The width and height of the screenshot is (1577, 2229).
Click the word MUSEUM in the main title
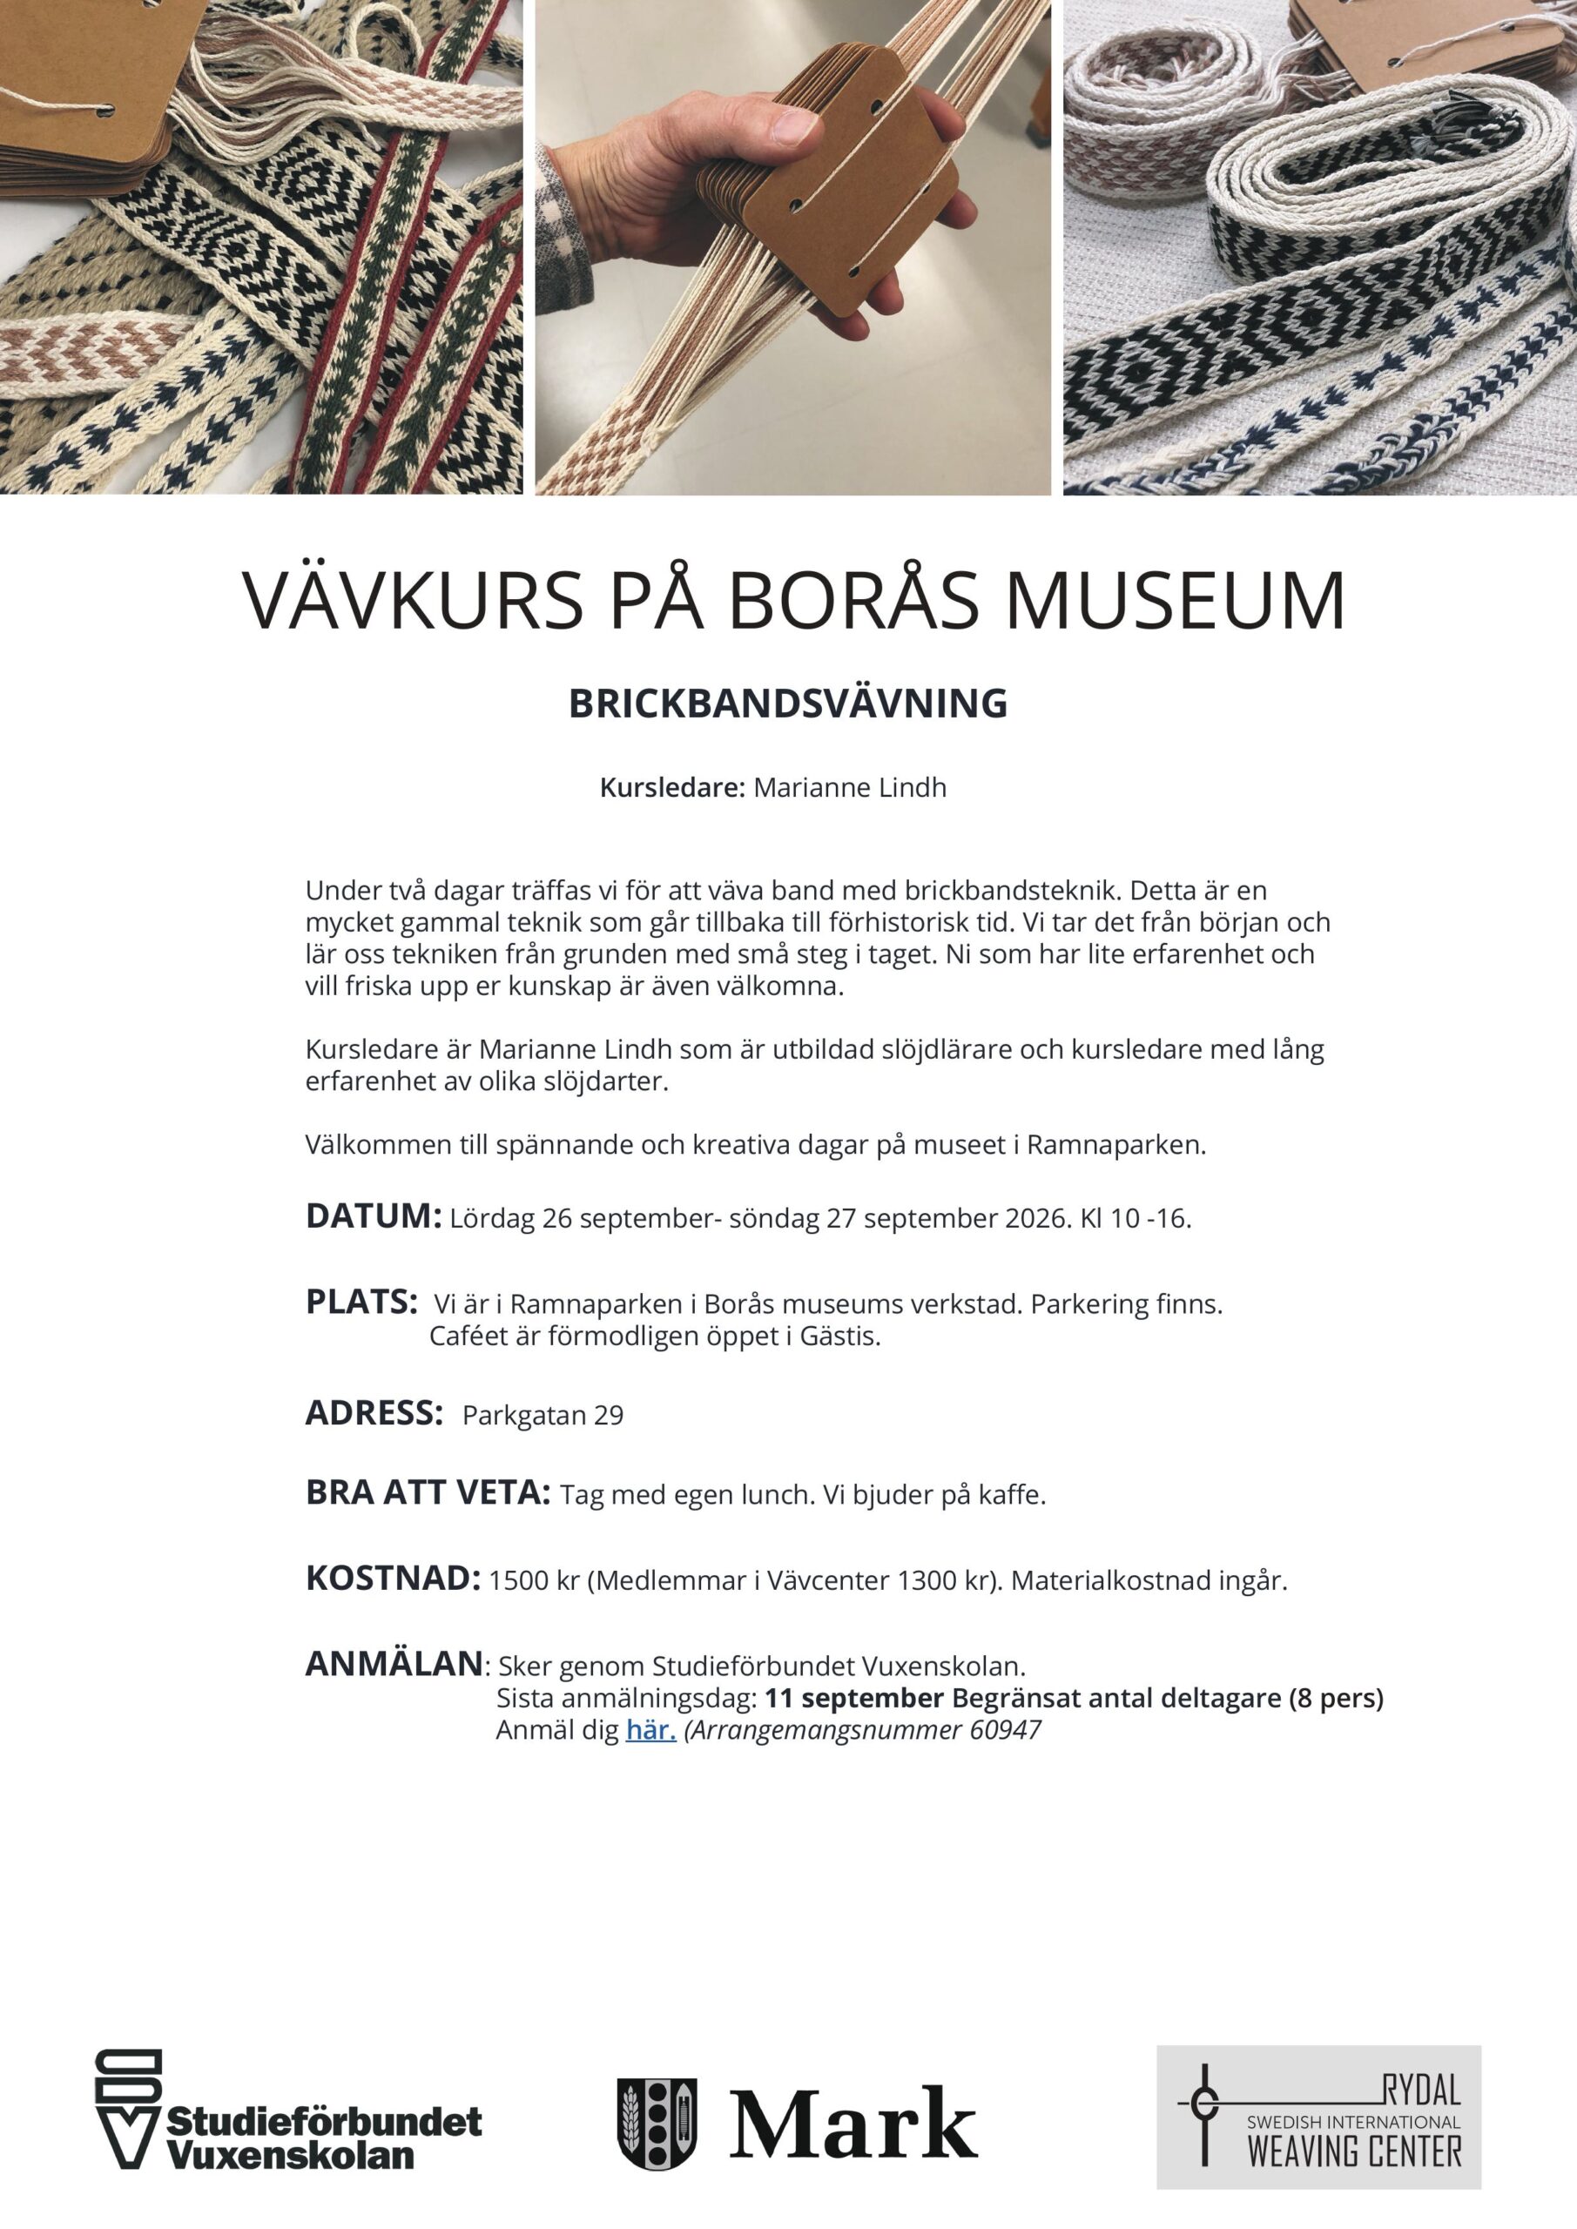pyautogui.click(x=1175, y=601)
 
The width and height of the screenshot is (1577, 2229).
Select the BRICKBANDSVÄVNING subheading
pyautogui.click(x=787, y=704)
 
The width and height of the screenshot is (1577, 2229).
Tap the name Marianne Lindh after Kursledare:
pyautogui.click(x=850, y=787)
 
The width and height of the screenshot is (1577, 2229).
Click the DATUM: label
pyautogui.click(x=374, y=1216)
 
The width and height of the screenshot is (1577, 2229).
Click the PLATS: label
pyautogui.click(x=361, y=1302)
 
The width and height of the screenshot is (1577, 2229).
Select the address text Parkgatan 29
pyautogui.click(x=542, y=1416)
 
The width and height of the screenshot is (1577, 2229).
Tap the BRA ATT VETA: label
pyautogui.click(x=428, y=1492)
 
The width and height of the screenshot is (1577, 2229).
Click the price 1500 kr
pyautogui.click(x=533, y=1580)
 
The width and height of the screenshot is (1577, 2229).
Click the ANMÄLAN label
pyautogui.click(x=394, y=1664)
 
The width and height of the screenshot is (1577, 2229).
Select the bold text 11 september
pyautogui.click(x=853, y=1698)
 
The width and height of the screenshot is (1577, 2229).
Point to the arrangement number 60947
pyautogui.click(x=1005, y=1730)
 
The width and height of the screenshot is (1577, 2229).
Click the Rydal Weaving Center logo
pyautogui.click(x=1318, y=2118)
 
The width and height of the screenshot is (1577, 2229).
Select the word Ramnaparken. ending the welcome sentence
pyautogui.click(x=1115, y=1146)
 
